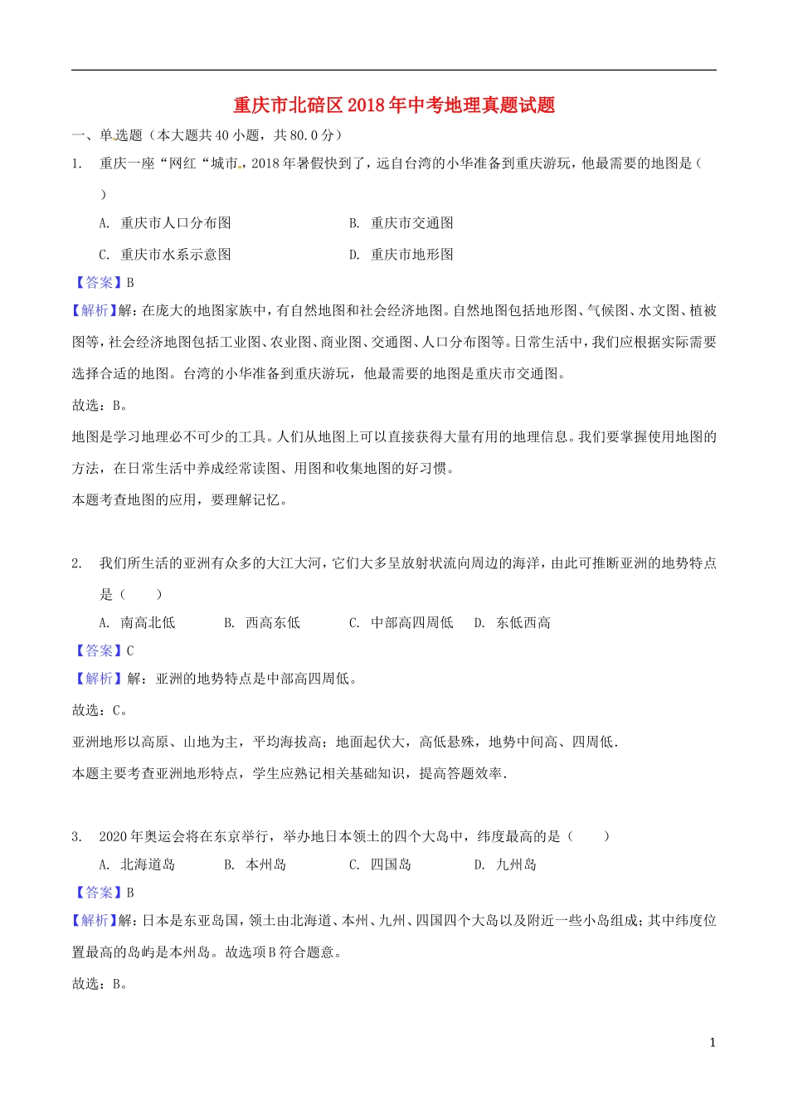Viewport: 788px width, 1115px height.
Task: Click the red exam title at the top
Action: click(394, 105)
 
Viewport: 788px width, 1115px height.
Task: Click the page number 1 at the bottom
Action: click(713, 1043)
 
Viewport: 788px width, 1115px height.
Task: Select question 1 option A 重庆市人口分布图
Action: click(165, 223)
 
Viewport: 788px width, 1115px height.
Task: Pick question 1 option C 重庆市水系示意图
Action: click(165, 255)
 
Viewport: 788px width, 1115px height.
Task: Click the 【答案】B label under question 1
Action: click(104, 283)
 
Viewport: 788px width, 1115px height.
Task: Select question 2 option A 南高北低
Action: click(137, 623)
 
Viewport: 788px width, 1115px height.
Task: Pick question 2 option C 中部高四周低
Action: click(401, 623)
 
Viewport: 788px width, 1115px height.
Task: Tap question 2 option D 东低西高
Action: click(513, 623)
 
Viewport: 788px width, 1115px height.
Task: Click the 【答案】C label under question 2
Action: click(104, 651)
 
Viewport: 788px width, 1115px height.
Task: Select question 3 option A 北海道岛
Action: click(137, 865)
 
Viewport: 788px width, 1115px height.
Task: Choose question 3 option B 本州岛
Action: click(255, 865)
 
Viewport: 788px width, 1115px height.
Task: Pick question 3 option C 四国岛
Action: click(380, 865)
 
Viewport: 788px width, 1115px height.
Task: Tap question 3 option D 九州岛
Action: click(505, 865)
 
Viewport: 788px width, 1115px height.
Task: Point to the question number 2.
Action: click(76, 563)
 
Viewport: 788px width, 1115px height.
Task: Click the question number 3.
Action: click(76, 836)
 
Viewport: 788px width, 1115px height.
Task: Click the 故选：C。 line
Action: click(100, 711)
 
